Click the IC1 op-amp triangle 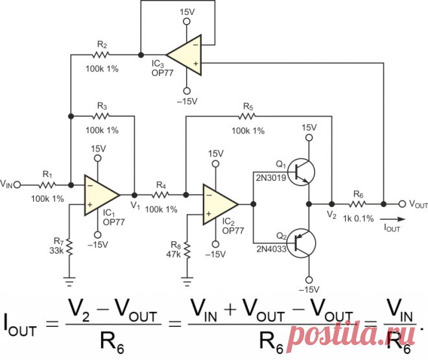pyautogui.click(x=101, y=195)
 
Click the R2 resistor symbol pyautogui.click(x=102, y=54)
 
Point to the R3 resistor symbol pyautogui.click(x=102, y=116)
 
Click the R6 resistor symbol pyautogui.click(x=359, y=204)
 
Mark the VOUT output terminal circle pyautogui.click(x=402, y=204)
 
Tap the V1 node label pyautogui.click(x=135, y=206)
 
